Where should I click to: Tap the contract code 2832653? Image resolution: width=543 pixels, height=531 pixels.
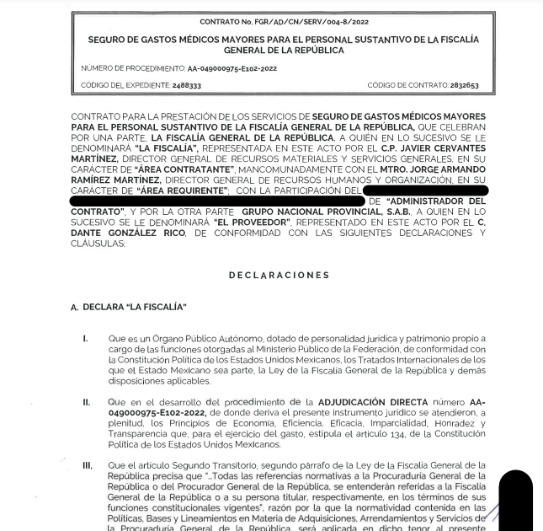pyautogui.click(x=464, y=86)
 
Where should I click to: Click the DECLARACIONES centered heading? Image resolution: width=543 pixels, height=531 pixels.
pyautogui.click(x=279, y=275)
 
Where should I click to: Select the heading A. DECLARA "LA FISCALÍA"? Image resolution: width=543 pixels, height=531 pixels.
pyautogui.click(x=129, y=308)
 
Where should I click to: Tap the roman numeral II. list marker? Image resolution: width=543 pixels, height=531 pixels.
pyautogui.click(x=86, y=402)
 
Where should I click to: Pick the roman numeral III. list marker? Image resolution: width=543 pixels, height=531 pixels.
pyautogui.click(x=87, y=465)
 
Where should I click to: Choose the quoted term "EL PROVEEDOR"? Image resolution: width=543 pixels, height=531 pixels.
pyautogui.click(x=252, y=223)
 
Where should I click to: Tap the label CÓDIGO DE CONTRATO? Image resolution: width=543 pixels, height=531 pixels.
pyautogui.click(x=407, y=86)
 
